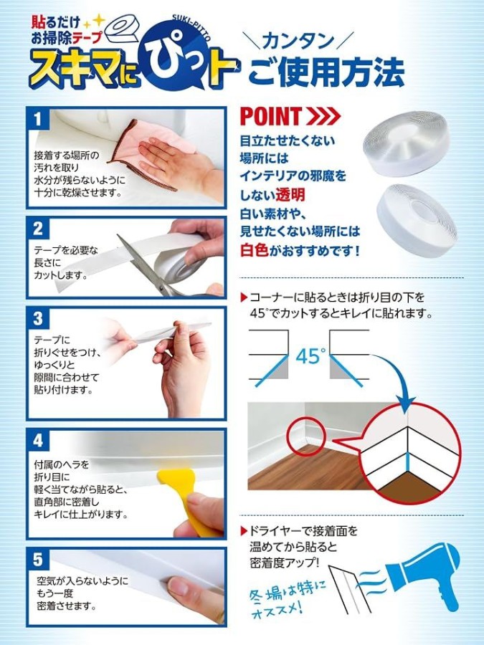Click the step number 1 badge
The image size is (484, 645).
coord(37,119)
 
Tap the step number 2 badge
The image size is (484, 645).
coord(37,229)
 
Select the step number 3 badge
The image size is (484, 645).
coord(37,318)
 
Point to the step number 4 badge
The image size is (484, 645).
coord(37,440)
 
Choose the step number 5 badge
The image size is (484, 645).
coord(37,559)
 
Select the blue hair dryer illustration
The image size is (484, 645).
coord(424,576)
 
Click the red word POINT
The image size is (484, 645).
coord(271,116)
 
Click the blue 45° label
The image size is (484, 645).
coord(310,356)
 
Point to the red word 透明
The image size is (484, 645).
coord(290,194)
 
